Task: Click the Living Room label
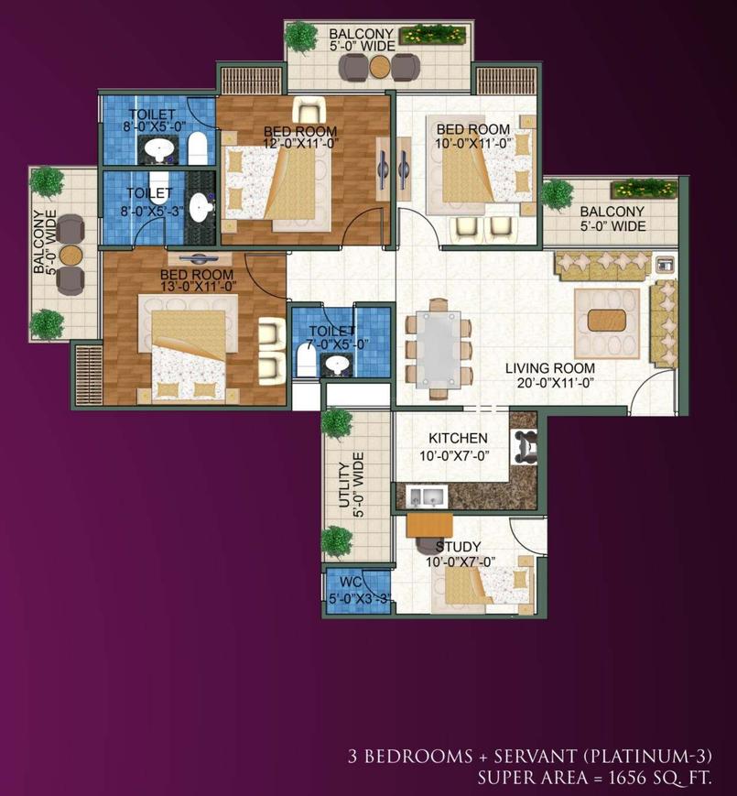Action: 550,368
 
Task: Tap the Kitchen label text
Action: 458,438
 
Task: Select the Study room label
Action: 458,547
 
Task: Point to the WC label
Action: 351,582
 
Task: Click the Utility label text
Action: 344,485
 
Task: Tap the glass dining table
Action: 439,350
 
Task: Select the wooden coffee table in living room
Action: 607,321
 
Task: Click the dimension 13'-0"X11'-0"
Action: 199,287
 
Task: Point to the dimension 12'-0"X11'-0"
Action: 301,144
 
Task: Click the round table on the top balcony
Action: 379,67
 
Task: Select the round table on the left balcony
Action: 70,256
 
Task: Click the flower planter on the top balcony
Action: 433,36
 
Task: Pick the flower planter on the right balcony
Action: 645,189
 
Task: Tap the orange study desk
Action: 429,525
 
